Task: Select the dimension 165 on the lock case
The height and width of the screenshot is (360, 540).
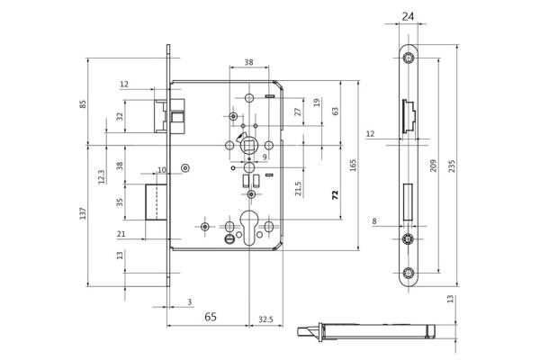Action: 353,166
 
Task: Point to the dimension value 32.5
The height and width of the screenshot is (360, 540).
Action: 266,318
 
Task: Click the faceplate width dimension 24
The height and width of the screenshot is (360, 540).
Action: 408,16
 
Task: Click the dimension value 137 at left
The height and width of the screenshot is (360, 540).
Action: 84,213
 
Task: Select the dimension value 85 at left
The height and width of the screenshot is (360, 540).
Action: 84,103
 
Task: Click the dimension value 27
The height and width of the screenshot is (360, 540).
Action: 299,112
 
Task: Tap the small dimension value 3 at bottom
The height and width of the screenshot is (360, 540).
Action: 190,302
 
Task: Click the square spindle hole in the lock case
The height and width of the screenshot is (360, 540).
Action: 247,145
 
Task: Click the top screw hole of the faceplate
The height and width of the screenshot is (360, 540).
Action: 409,58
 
